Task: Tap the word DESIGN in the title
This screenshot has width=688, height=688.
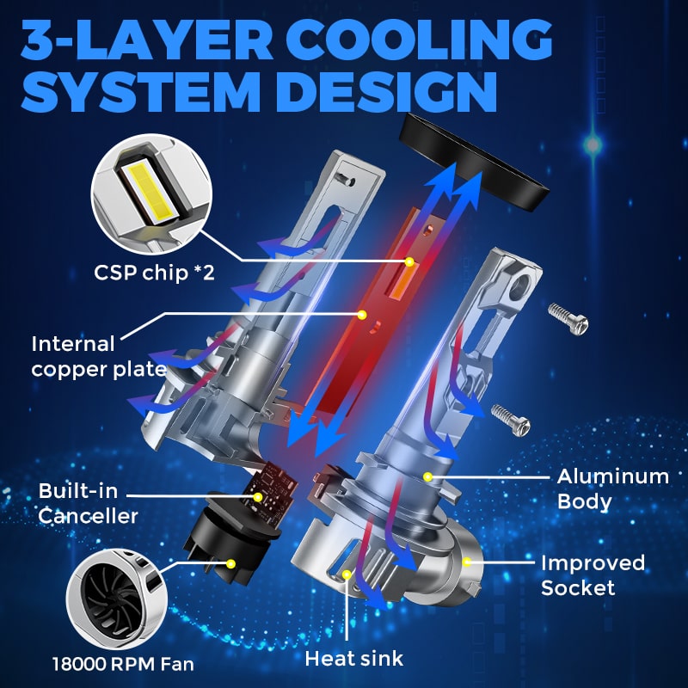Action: [x=387, y=91]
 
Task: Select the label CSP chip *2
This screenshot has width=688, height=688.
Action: [x=154, y=273]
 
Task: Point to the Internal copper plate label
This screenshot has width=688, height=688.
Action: [x=99, y=357]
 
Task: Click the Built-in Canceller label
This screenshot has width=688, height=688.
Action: [x=88, y=503]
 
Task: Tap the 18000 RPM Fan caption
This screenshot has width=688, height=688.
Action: [x=123, y=664]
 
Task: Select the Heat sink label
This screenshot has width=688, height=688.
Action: [x=354, y=659]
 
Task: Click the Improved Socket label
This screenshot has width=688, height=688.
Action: [x=593, y=575]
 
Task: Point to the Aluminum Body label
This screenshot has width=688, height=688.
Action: [x=613, y=488]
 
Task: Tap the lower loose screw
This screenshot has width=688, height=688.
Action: [x=510, y=420]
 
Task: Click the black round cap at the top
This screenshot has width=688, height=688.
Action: [x=474, y=161]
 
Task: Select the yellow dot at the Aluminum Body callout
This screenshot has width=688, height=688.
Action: [x=427, y=476]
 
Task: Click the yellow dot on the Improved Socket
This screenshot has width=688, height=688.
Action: [x=466, y=562]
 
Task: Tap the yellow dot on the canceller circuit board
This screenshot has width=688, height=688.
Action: [x=258, y=497]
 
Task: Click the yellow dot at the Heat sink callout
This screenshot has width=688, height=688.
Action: [x=347, y=574]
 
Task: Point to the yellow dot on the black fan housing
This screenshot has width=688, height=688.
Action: [x=230, y=564]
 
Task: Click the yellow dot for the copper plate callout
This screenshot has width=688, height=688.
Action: [x=361, y=315]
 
